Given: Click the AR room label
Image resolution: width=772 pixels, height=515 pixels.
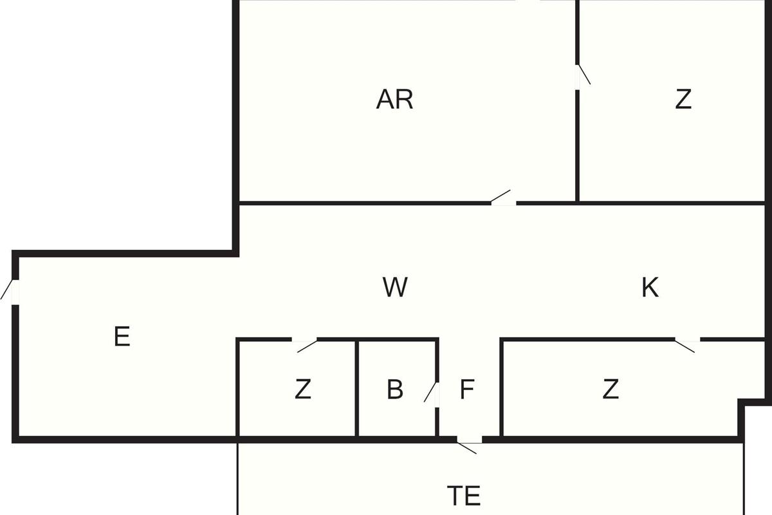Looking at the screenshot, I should click(x=394, y=100).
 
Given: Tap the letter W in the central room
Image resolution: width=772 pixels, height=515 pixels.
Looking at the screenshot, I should click(x=395, y=287).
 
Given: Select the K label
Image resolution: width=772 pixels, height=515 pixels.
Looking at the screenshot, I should click(x=650, y=288).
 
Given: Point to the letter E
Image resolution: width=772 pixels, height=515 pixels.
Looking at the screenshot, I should click(x=122, y=337).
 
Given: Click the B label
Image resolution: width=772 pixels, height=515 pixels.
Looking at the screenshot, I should click(x=395, y=389).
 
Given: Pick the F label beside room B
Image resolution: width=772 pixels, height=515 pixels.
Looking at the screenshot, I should click(x=467, y=389).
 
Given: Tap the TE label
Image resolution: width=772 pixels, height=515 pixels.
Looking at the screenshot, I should click(x=464, y=496).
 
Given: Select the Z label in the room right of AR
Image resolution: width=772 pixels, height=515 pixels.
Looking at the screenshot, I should click(x=683, y=100).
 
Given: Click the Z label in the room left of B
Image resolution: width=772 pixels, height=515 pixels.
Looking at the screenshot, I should click(x=302, y=389).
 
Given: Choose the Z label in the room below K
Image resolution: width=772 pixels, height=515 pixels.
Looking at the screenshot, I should click(x=611, y=389).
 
